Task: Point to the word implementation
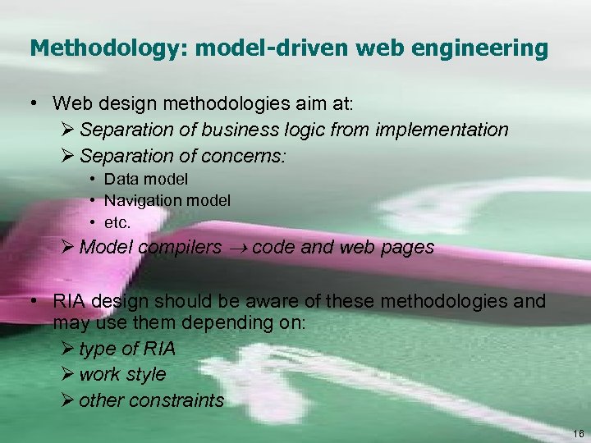click(x=444, y=130)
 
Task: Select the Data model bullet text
click(x=146, y=179)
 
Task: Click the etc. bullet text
click(x=118, y=221)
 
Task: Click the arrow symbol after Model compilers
click(x=238, y=248)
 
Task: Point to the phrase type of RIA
click(x=127, y=349)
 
